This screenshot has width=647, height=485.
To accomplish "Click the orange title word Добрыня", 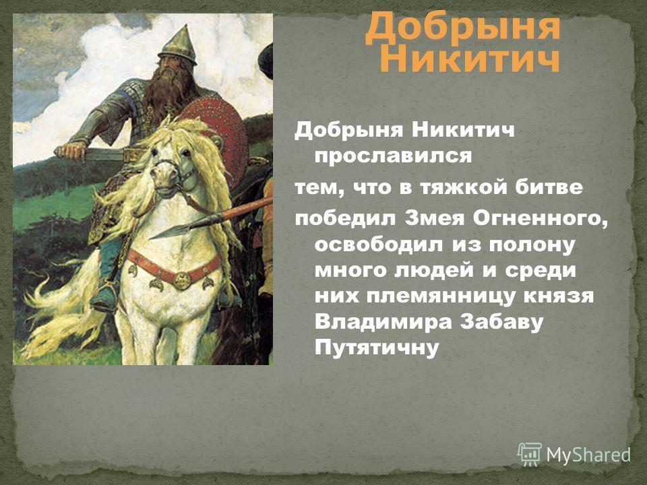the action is pyautogui.click(x=463, y=26).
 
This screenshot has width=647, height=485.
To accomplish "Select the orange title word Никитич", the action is pyautogui.click(x=469, y=60).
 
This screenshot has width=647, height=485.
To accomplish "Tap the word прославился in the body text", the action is pyautogui.click(x=393, y=157).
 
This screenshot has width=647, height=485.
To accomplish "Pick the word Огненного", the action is pyautogui.click(x=541, y=219).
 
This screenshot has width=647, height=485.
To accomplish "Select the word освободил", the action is pyautogui.click(x=380, y=245).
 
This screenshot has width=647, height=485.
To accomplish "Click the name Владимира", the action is pyautogui.click(x=382, y=323).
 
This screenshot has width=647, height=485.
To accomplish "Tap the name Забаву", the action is pyautogui.click(x=502, y=322).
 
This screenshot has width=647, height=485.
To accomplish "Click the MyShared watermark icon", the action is pyautogui.click(x=529, y=455).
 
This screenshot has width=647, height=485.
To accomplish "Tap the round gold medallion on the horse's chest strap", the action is pyautogui.click(x=182, y=280).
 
